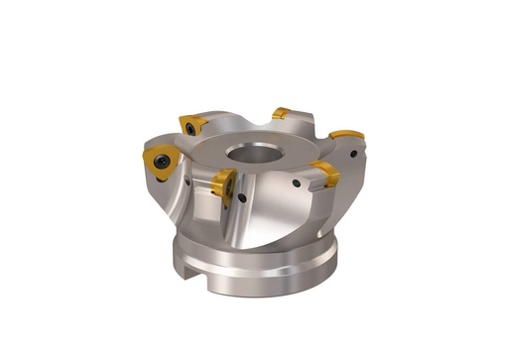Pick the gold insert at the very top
[x=282, y=113]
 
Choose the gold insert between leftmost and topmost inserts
[x=192, y=124]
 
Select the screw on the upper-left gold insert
[x=188, y=125]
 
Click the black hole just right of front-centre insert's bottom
[x=243, y=197]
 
